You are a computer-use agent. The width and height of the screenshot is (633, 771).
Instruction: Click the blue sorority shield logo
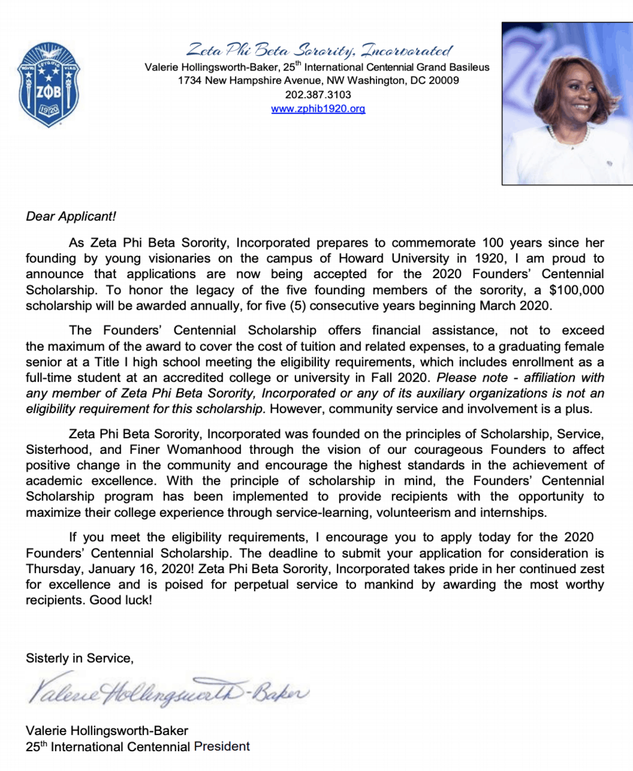pyautogui.click(x=48, y=85)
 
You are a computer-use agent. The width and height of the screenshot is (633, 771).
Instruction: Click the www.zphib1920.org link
pyautogui.click(x=318, y=109)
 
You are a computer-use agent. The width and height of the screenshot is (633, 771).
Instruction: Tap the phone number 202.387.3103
pyautogui.click(x=318, y=95)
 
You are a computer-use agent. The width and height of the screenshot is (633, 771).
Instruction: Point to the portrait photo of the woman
pyautogui.click(x=567, y=103)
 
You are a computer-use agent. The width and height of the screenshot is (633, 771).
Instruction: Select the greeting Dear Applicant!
pyautogui.click(x=70, y=216)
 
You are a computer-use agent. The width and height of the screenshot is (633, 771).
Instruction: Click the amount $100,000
pyautogui.click(x=576, y=290)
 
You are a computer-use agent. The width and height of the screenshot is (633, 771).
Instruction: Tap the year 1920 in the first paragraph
pyautogui.click(x=489, y=258)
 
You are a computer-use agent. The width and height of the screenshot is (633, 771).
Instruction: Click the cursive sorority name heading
pyautogui.click(x=319, y=49)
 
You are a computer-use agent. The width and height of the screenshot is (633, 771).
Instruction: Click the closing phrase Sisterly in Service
pyautogui.click(x=79, y=658)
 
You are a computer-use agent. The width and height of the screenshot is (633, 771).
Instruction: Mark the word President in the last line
pyautogui.click(x=222, y=746)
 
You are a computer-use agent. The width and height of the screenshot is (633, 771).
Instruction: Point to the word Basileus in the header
pyautogui.click(x=465, y=67)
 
